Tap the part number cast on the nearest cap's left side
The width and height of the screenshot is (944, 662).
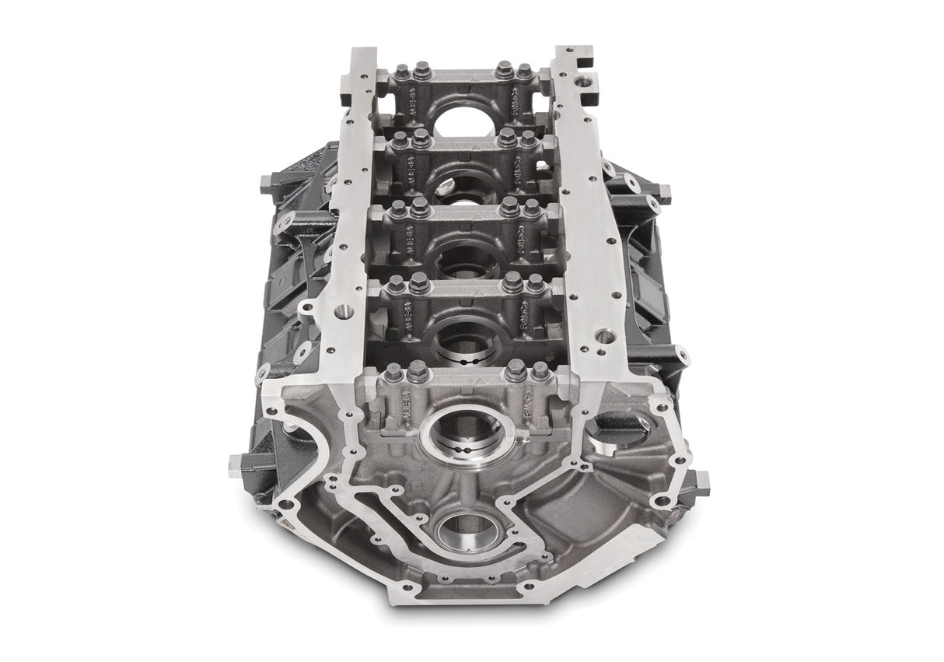(x=406, y=407)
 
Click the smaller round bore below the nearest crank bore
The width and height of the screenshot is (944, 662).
(x=466, y=531)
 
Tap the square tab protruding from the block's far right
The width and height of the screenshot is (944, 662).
(x=701, y=482)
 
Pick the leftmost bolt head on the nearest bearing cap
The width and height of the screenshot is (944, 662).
(x=394, y=373)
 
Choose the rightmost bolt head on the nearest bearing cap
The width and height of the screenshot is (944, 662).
(x=540, y=370)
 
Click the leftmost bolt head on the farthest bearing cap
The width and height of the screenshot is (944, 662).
(x=401, y=73)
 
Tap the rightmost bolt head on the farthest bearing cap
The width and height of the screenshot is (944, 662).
(x=525, y=72)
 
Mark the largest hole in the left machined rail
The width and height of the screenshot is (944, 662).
(x=341, y=312)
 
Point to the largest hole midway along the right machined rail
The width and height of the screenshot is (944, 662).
(x=603, y=337)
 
